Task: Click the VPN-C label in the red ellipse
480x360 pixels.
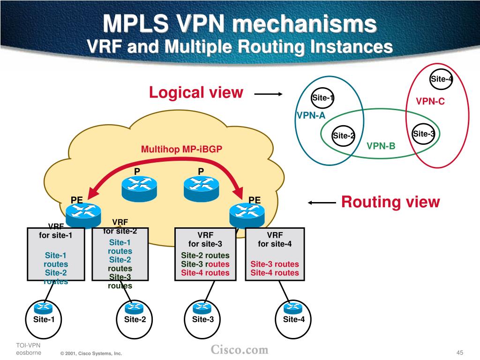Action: point(430,101)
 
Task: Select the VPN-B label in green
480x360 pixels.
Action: point(381,146)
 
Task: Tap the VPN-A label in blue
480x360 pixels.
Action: point(311,115)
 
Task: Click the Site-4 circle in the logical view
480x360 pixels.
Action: point(441,79)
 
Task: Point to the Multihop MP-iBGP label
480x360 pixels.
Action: point(181,149)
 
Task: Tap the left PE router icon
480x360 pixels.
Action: point(83,215)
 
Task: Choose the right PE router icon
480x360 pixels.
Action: point(247,215)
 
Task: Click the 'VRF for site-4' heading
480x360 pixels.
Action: point(275,240)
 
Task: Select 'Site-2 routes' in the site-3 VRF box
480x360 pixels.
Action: point(205,255)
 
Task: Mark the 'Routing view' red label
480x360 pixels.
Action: point(390,202)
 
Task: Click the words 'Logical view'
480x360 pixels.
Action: point(196,92)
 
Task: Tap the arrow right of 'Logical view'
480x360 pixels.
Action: point(269,94)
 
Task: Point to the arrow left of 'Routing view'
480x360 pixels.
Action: point(322,202)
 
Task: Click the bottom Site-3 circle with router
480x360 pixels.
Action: point(202,319)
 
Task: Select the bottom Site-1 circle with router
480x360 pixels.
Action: point(44,319)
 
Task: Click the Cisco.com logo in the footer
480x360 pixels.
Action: point(240,350)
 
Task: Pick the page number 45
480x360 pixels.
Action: point(460,352)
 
